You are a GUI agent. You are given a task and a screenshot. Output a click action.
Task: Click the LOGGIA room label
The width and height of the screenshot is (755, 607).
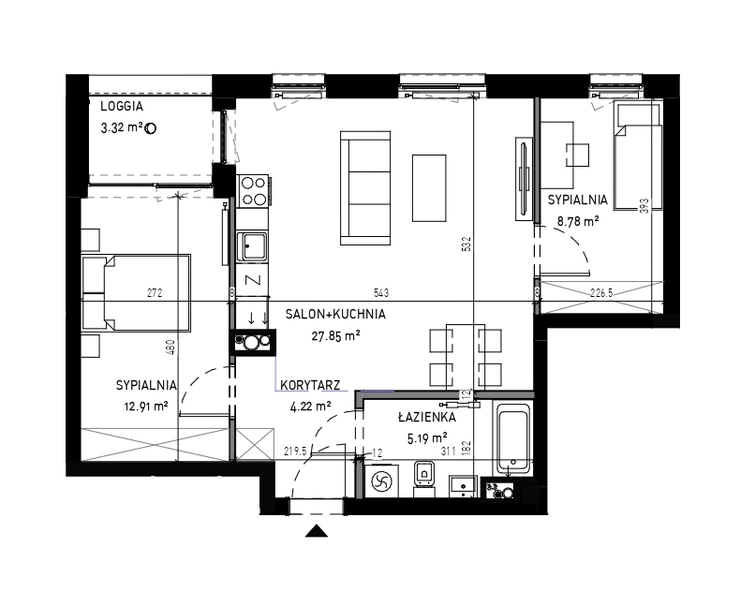pos(122,107)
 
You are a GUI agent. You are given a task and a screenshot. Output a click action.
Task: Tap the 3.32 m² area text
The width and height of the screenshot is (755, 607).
pos(122,128)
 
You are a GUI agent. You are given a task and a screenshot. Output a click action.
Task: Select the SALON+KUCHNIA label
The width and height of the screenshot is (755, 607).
pos(335,315)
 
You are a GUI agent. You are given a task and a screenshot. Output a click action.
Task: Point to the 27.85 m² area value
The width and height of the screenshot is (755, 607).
pos(335,336)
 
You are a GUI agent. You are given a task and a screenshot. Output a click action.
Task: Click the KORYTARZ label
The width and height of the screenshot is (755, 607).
pos(310,385)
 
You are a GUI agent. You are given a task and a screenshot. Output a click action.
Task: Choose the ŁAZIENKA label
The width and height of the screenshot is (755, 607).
pos(427,417)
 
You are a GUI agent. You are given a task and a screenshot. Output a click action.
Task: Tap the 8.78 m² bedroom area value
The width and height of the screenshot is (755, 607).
pos(578,221)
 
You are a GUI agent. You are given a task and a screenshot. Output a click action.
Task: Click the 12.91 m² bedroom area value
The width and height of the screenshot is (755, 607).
pos(146,407)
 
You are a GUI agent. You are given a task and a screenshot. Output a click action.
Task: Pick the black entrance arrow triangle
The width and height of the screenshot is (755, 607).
pos(317,530)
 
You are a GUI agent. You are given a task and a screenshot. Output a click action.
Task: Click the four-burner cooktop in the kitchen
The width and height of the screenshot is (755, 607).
pos(254,190)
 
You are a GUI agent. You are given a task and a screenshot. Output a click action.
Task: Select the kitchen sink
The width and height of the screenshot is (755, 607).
pos(252,246)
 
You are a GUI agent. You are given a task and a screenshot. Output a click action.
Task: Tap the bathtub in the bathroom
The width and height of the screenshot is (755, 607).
pos(513,439)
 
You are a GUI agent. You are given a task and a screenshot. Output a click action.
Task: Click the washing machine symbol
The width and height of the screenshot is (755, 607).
pos(383,481)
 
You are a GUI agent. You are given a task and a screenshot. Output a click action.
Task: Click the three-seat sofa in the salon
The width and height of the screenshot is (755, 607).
pos(365,187)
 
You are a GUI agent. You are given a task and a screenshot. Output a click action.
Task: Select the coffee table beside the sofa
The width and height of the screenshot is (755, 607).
pos(429,188)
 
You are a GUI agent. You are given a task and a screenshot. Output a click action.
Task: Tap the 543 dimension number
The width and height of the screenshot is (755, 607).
pos(381,292)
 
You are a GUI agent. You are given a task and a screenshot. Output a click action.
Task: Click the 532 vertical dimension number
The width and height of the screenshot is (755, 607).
pos(466,244)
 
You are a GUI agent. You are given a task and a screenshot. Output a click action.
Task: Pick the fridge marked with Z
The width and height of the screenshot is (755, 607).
pos(252,280)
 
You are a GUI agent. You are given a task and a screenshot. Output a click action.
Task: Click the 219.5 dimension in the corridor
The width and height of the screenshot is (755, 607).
pos(296,452)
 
